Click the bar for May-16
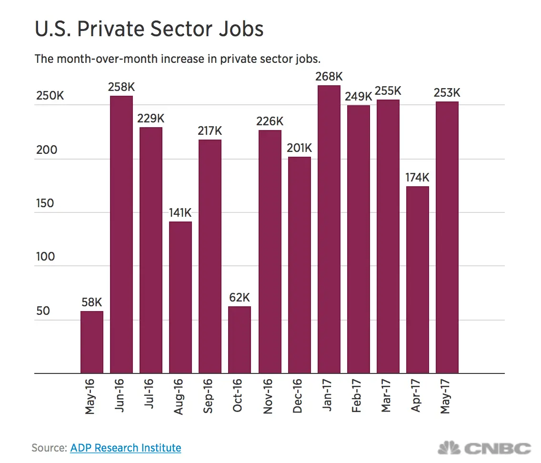(x=91, y=342)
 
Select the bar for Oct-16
(x=240, y=340)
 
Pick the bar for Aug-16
(x=180, y=298)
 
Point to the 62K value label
(x=240, y=298)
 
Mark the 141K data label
(x=180, y=213)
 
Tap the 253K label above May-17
(x=447, y=93)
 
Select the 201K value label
(x=299, y=148)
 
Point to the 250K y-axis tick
(x=50, y=96)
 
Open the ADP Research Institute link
(x=126, y=448)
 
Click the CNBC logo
(x=485, y=448)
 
